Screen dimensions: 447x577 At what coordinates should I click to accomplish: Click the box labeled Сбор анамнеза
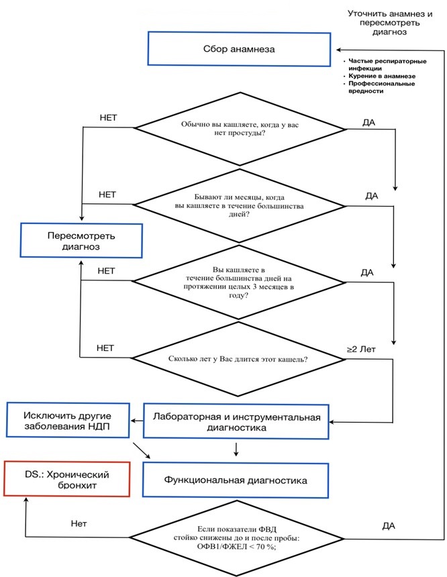[239, 49]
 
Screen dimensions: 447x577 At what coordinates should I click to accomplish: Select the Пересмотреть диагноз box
[81, 241]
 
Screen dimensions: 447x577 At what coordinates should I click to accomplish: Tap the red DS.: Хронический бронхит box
[67, 479]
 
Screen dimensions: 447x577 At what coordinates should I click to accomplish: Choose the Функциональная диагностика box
[236, 480]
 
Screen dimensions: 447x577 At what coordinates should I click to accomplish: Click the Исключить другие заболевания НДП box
[68, 421]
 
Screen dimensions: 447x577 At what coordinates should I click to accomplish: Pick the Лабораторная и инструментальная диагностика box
[236, 422]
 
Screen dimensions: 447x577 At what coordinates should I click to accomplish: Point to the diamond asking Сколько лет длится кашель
[238, 359]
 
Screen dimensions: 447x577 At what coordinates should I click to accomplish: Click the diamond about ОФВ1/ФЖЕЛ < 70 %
[237, 538]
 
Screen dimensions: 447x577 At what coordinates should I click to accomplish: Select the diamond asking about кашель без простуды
[240, 129]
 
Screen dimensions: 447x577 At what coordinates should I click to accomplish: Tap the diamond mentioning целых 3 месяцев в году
[238, 282]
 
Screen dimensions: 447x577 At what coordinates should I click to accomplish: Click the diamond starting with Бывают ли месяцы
[240, 206]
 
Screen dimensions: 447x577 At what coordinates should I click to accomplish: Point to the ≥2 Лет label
[361, 349]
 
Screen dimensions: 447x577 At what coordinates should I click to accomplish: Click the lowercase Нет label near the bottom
[79, 523]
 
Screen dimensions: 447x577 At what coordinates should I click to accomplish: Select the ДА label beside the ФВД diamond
[389, 526]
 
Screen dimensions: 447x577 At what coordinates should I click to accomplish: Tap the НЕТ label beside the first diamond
[108, 118]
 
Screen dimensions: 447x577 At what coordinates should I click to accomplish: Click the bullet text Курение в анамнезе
[382, 76]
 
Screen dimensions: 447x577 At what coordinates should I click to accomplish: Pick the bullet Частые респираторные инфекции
[387, 65]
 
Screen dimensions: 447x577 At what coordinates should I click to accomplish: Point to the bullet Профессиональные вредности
[381, 87]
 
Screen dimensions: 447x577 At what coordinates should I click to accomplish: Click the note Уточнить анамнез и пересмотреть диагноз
[390, 23]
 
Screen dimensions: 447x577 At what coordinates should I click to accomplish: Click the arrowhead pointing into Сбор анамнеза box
[339, 50]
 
